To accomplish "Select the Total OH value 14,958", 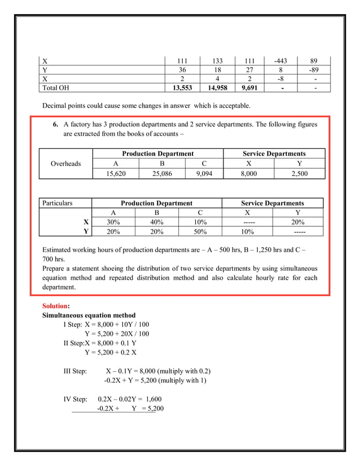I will (x=217, y=88).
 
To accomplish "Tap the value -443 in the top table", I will (x=280, y=61).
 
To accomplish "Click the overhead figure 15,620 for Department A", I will (x=116, y=174).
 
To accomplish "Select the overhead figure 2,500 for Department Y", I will (x=299, y=174).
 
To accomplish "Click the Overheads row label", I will (x=65, y=164).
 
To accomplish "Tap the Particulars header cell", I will (x=58, y=203).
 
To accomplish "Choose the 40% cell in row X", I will (x=156, y=222).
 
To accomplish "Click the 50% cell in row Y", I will (x=200, y=231).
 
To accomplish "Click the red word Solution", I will (x=55, y=306).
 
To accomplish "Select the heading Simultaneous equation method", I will (x=89, y=315).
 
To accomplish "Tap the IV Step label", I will (x=75, y=399).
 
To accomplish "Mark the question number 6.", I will (x=56, y=124).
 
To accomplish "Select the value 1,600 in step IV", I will (x=150, y=399).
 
